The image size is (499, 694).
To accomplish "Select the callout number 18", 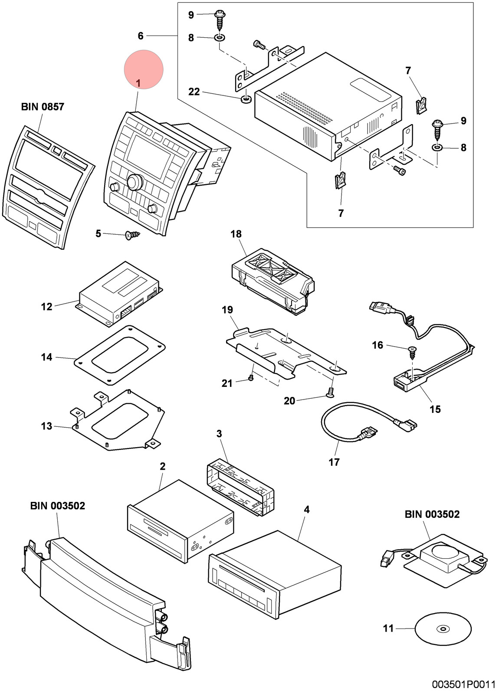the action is (236, 234).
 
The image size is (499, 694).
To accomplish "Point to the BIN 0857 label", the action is (43, 107).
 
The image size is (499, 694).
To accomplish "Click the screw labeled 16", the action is (412, 353).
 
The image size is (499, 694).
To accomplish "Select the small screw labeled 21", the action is (251, 378).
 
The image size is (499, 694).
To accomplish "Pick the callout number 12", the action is (47, 307).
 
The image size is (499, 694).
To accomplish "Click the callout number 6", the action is (141, 36).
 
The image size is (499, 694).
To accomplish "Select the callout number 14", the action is (46, 357).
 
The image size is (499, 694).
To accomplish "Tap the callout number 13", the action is (46, 426).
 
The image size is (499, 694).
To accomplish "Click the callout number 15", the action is (435, 409).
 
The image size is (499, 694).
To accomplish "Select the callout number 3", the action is (219, 433).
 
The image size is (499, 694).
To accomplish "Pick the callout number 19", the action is (227, 310).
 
